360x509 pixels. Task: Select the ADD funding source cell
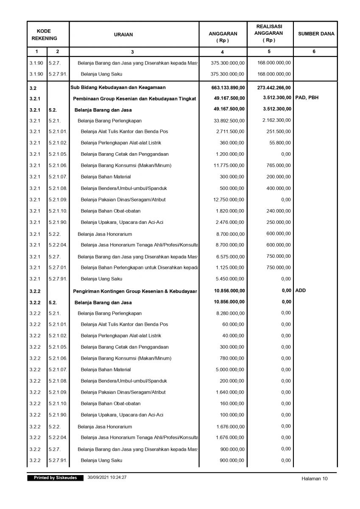pos(301,290)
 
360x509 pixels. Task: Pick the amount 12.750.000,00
pos(229,199)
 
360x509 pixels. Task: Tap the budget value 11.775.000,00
pos(229,165)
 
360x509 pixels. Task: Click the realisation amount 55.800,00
pos(280,143)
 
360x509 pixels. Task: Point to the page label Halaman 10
pos(315,479)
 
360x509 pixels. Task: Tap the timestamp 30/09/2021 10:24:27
pos(107,478)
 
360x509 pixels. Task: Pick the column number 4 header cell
pos(223,52)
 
